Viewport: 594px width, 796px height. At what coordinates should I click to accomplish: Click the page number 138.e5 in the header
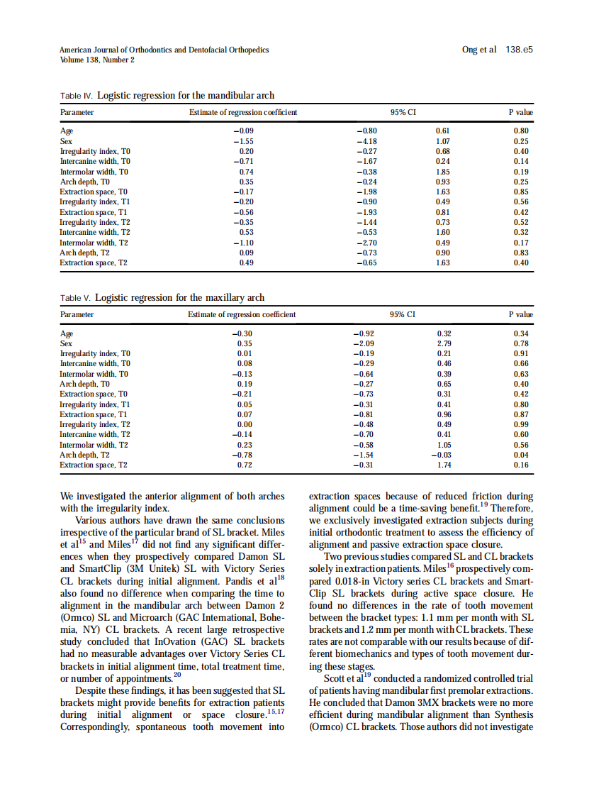pos(519,50)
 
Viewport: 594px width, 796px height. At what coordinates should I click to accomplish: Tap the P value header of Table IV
pos(521,113)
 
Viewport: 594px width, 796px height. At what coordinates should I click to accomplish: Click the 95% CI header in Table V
pos(402,314)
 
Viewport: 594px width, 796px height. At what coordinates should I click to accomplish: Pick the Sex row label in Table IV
pos(66,141)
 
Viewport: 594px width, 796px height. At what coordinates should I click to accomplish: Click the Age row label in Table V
pos(67,333)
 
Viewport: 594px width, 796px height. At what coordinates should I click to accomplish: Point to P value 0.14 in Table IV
pos(521,161)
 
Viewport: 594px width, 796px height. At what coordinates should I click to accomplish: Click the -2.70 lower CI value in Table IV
pos(366,243)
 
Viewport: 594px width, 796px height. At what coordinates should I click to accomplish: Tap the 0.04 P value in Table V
pos(521,455)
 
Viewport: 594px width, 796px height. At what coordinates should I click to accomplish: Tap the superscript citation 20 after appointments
pos(177,673)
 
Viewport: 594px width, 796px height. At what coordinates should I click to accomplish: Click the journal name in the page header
pos(164,50)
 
